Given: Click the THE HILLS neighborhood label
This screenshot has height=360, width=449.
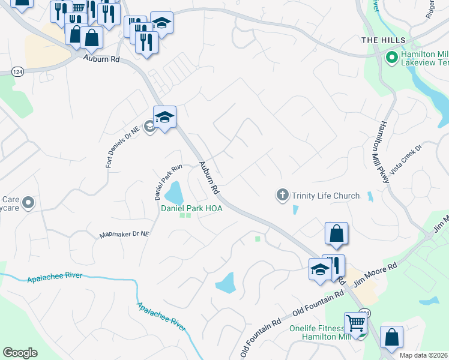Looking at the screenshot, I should point(384,40).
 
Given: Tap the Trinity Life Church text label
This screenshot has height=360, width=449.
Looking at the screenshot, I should point(325,196).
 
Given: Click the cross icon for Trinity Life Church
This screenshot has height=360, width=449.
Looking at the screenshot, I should point(282,195).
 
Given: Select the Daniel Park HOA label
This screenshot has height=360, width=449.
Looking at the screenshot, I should point(191,208).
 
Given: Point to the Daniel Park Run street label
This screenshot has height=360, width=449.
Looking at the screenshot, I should point(159,182).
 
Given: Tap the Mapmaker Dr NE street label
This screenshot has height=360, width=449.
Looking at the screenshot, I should point(124,234).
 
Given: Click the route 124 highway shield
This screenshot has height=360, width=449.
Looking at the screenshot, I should point(17,72).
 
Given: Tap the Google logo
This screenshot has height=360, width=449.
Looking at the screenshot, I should point(20,353).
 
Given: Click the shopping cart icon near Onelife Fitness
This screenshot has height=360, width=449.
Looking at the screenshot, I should point(355,323).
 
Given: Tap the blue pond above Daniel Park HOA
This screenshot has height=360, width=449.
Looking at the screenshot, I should point(174,193).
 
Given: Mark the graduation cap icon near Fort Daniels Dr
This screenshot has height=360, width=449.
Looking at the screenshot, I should point(164,116).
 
